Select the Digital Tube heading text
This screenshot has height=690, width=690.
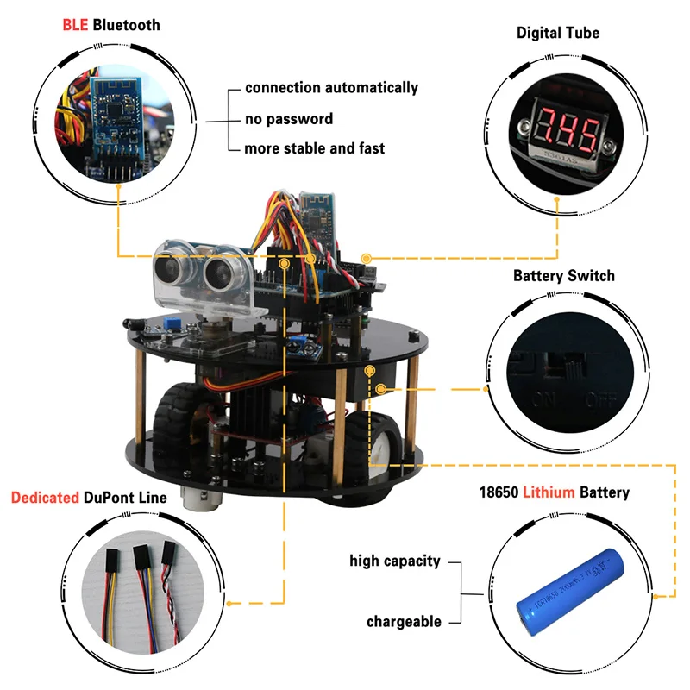(558, 33)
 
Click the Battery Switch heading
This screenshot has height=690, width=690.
(564, 276)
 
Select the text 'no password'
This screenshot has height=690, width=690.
(288, 118)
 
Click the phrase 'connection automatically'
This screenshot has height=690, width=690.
(331, 87)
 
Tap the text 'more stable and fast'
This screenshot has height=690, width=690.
(314, 148)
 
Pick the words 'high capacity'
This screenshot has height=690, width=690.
(394, 561)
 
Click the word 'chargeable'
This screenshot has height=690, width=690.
(404, 621)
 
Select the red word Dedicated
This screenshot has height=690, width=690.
(45, 498)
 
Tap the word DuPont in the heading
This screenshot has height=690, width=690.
(111, 498)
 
